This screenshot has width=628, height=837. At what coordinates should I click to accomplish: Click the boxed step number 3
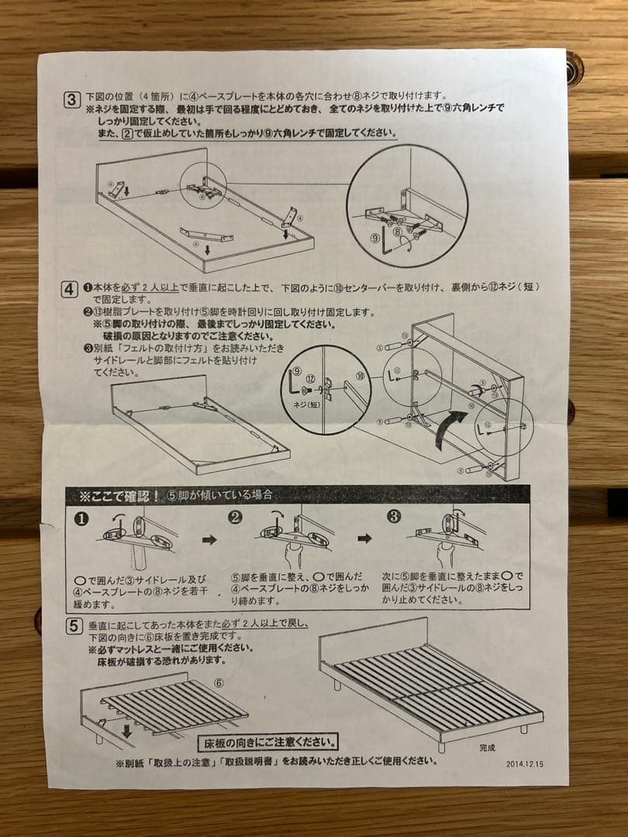[x=71, y=99]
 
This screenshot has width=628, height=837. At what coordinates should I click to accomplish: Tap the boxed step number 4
[x=71, y=290]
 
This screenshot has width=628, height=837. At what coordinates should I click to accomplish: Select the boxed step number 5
[x=73, y=625]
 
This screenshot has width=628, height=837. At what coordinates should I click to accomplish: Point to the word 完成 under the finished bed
[x=487, y=748]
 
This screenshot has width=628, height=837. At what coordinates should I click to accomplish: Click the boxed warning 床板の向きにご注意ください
[x=269, y=743]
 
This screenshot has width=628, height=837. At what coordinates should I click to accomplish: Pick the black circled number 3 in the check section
[x=395, y=518]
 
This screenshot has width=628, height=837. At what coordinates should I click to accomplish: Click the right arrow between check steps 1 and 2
[x=209, y=539]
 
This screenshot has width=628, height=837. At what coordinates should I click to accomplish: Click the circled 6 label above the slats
[x=218, y=683]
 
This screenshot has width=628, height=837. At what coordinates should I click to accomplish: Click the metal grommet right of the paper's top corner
[x=573, y=70]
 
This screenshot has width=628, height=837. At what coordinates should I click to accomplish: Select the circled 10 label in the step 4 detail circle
[x=360, y=376]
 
